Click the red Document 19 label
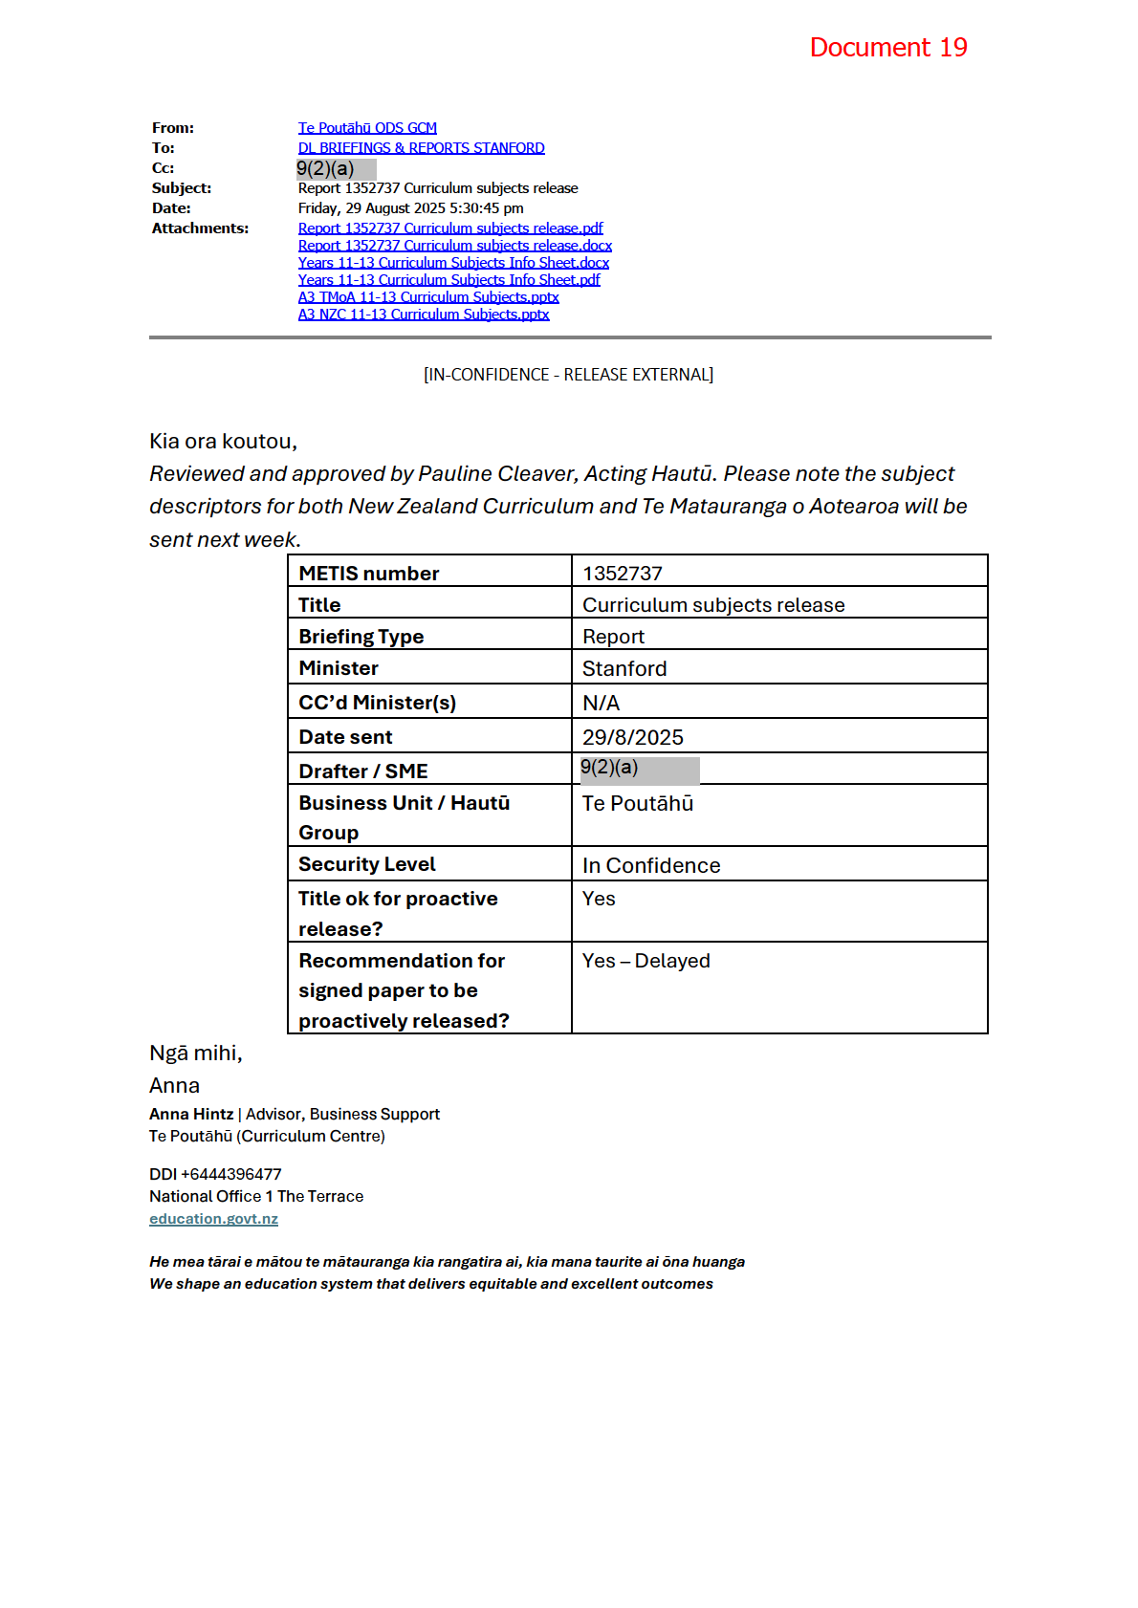click(x=887, y=48)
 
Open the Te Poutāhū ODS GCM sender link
click(x=367, y=128)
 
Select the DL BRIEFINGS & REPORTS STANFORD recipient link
click(x=421, y=148)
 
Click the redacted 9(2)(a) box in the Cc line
click(x=336, y=169)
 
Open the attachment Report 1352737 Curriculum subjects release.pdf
click(x=450, y=228)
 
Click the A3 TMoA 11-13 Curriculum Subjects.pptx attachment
click(x=428, y=297)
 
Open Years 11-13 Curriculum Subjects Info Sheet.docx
click(x=453, y=263)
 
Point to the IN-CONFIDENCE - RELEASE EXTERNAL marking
click(x=568, y=375)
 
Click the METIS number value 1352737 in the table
click(x=623, y=574)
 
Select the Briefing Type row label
click(x=361, y=637)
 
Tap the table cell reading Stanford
click(x=624, y=669)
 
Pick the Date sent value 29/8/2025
click(x=633, y=738)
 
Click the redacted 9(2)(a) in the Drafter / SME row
click(x=639, y=770)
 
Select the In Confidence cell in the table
click(x=651, y=866)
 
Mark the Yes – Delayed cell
click(x=646, y=961)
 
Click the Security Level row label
click(x=366, y=865)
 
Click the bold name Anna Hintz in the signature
click(x=191, y=1115)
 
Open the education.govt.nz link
click(x=213, y=1219)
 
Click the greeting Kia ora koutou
click(x=223, y=442)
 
